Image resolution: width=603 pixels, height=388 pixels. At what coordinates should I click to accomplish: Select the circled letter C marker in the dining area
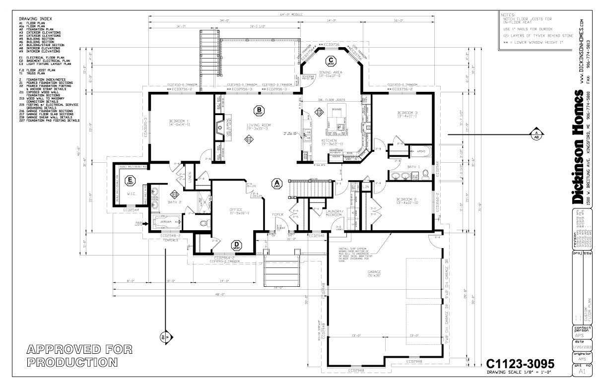(x=331, y=62)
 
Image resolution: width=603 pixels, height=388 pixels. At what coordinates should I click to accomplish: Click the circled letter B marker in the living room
(x=258, y=110)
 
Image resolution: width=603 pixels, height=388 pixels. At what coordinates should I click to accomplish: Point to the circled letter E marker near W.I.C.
(x=130, y=181)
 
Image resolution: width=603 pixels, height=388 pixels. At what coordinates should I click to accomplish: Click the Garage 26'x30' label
(x=374, y=273)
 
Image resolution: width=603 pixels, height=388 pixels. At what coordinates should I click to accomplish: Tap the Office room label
(x=236, y=211)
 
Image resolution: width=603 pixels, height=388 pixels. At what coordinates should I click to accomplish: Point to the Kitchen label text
(x=330, y=142)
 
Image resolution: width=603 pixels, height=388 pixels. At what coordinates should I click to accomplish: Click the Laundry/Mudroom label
(x=335, y=213)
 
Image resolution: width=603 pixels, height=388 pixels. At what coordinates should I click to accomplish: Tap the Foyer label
(x=277, y=215)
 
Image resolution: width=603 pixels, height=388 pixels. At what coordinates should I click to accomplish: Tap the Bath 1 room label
(x=414, y=167)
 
